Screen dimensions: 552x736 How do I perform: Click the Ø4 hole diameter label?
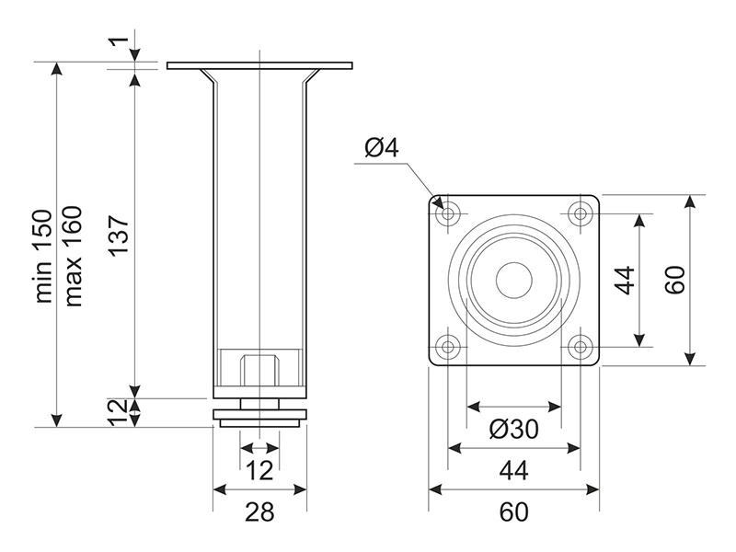pos(381,147)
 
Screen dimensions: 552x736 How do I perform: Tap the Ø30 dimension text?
pos(513,430)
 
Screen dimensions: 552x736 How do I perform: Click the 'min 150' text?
pos(44,254)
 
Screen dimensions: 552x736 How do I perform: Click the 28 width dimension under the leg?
pos(260,512)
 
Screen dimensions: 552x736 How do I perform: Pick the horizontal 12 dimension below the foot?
pos(260,470)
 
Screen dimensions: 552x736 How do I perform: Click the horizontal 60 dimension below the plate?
pos(514,512)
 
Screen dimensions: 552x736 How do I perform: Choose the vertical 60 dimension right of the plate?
pos(674,280)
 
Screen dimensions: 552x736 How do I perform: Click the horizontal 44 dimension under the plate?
pos(514,470)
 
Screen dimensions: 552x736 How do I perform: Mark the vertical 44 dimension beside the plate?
pos(625,280)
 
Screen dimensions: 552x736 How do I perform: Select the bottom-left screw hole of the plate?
pos(449,346)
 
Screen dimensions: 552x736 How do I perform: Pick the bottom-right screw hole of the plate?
pos(580,346)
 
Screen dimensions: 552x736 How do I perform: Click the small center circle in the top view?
pos(514,280)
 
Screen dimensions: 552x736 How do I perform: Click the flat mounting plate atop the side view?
pos(259,65)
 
